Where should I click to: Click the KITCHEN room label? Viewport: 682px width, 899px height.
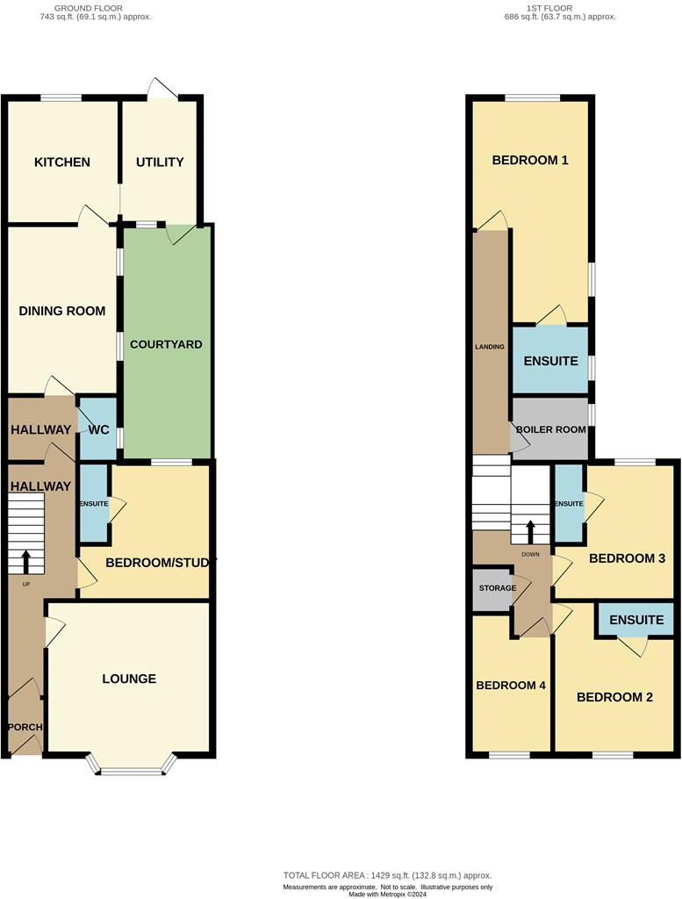coord(62,162)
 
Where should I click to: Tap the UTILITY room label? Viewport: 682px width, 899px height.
coord(160,162)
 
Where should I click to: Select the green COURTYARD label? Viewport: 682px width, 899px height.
coord(166,344)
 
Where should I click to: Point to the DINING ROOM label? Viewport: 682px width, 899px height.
coord(62,311)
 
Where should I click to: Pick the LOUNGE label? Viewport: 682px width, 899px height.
coord(129,679)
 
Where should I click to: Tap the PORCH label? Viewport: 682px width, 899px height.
coord(25,728)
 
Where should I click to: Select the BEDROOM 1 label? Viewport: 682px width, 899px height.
coord(530,160)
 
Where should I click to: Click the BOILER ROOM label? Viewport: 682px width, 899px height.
coord(550,429)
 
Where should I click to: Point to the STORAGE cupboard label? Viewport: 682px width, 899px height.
coord(497,587)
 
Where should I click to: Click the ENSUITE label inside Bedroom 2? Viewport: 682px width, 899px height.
coord(636,620)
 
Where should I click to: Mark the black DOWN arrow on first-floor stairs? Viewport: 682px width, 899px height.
coord(530,531)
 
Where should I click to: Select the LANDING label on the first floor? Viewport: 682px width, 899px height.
coord(489,347)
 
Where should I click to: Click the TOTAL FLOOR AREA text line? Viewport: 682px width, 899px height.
coord(387,875)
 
